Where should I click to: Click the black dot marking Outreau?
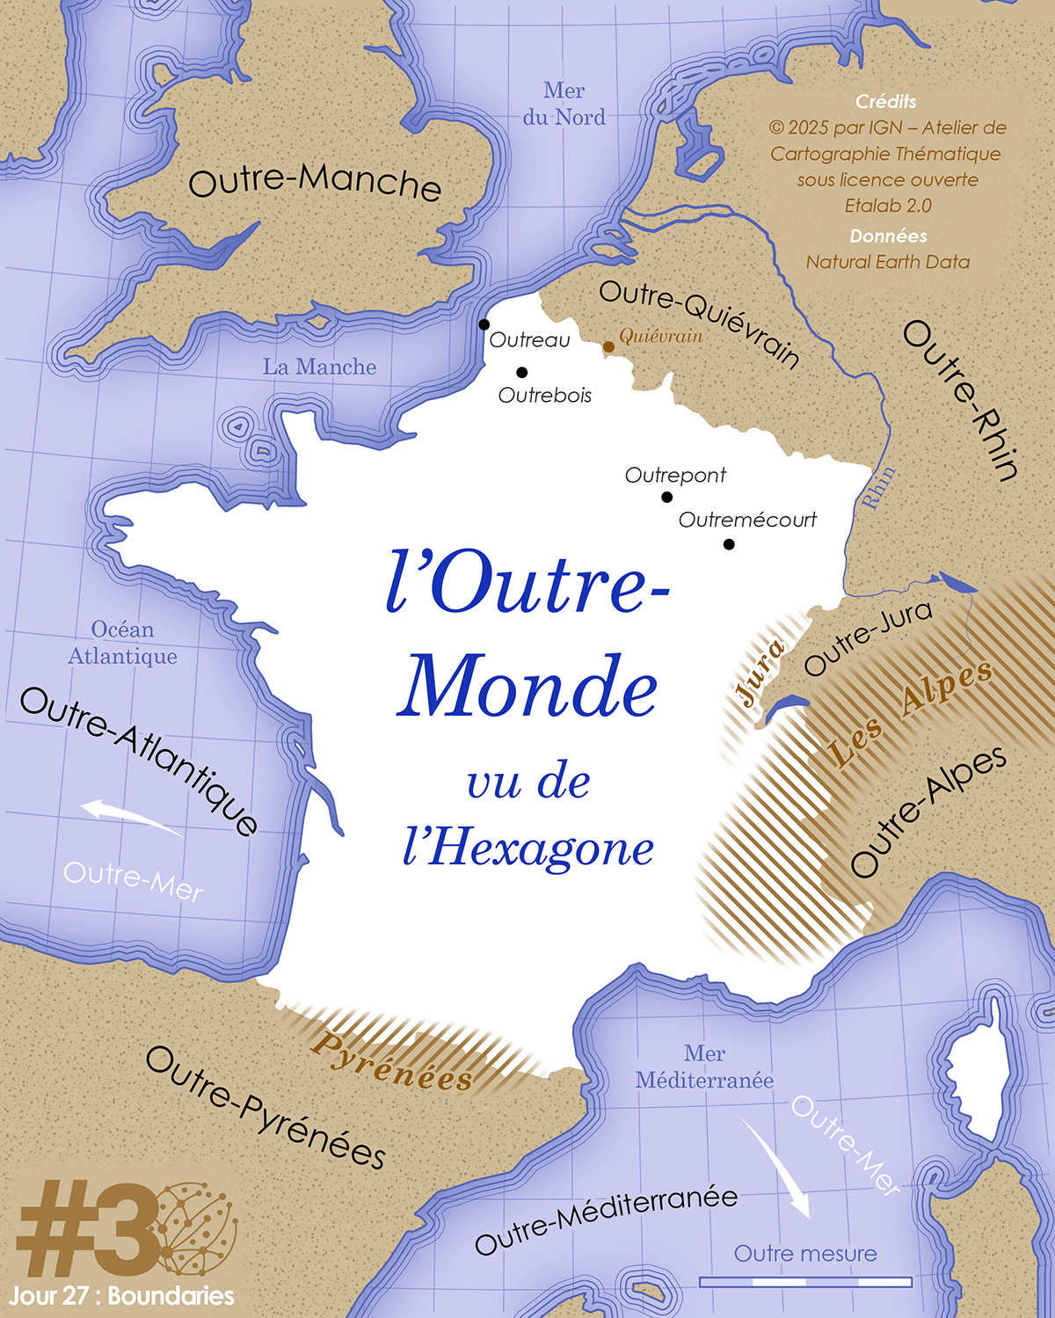tap(484, 324)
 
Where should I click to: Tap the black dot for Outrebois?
tap(521, 372)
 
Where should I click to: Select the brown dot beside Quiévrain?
tap(608, 346)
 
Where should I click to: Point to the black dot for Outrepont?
tap(666, 497)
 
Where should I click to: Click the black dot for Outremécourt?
tap(729, 544)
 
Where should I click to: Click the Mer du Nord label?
tap(564, 104)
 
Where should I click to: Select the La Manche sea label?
tap(319, 367)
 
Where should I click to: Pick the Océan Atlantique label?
tap(123, 643)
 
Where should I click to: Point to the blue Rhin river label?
tap(878, 487)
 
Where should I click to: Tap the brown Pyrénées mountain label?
tap(392, 1061)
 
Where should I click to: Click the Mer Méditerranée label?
tap(704, 1067)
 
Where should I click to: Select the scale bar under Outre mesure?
tap(805, 1282)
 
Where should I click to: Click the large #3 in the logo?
tap(88, 1229)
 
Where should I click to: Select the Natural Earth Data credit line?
tap(888, 262)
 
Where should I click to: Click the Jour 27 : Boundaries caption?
tap(122, 1296)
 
